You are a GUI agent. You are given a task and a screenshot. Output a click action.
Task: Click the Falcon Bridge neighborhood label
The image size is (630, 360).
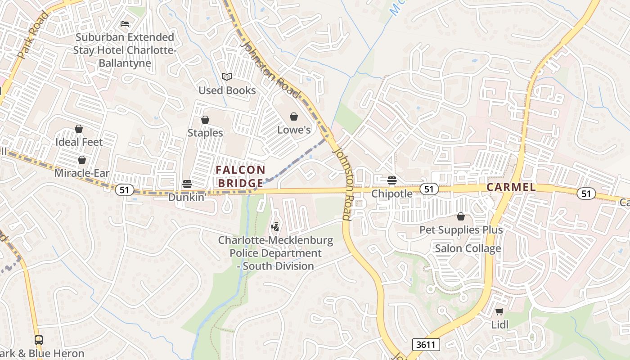coord(240,176)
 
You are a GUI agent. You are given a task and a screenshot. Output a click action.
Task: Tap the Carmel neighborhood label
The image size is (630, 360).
coord(511,187)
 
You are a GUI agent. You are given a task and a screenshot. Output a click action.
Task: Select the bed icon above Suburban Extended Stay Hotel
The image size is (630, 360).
coord(125,23)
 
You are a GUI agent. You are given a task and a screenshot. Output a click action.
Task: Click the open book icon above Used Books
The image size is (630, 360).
coord(227,77)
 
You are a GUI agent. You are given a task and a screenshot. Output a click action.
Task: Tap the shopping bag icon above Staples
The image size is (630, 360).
coord(205,120)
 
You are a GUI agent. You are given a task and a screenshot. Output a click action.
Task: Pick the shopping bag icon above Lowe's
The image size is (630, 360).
coord(294,117)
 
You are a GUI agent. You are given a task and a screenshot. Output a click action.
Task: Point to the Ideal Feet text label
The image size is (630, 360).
coord(79,142)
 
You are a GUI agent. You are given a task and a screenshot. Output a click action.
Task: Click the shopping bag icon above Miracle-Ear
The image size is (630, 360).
coord(82,160)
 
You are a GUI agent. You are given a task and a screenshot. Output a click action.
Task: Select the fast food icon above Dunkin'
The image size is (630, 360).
coord(187,184)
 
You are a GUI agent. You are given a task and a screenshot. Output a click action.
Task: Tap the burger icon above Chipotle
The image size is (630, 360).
coord(391,180)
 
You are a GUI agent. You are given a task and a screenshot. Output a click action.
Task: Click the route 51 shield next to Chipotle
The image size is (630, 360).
coord(429,189)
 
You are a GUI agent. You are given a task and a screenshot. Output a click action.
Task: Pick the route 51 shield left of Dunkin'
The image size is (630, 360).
coord(124,190)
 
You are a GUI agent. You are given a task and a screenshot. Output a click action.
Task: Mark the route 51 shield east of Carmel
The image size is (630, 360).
coord(586,193)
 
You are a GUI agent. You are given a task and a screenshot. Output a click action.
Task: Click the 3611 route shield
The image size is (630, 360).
coord(426,345)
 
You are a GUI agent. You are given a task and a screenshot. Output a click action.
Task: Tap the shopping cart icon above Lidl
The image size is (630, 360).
coord(499,311)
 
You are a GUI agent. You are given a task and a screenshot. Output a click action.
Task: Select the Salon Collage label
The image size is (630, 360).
coord(468,248)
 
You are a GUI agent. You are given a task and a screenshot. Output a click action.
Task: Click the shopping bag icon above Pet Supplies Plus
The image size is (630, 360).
coord(461,217)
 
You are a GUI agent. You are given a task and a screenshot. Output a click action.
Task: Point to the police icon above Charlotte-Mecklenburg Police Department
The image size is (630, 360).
coord(275,227)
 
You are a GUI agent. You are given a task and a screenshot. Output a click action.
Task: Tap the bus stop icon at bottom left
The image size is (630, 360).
coord(39,340)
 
